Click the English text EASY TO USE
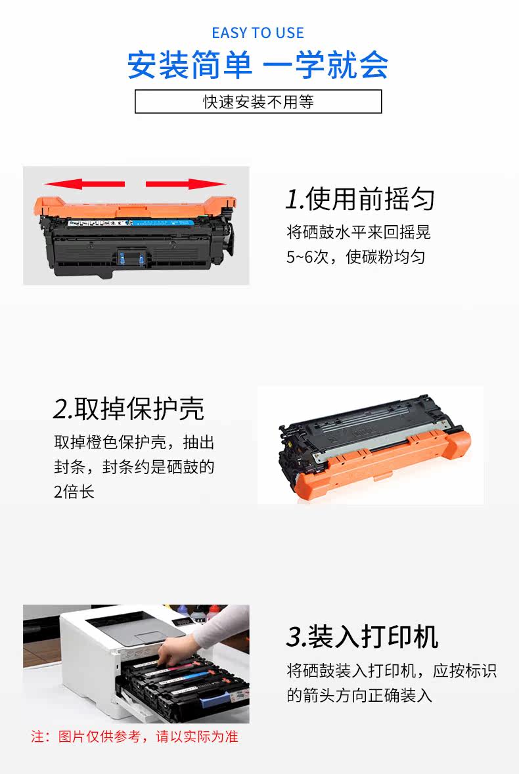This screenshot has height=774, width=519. [x=258, y=33]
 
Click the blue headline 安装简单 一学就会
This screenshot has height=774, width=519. [x=258, y=65]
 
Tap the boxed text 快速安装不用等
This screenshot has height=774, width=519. [x=258, y=102]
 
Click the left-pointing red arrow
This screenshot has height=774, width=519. [x=85, y=184]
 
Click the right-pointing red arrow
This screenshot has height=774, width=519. [x=186, y=184]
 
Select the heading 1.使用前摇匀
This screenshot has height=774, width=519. [x=360, y=199]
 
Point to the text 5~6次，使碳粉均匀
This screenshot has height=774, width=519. [x=355, y=257]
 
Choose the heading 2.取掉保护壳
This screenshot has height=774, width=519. [x=128, y=409]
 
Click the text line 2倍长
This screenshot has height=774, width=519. [x=74, y=492]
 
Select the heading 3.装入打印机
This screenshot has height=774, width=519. [x=362, y=636]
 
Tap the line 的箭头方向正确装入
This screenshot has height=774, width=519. [x=359, y=695]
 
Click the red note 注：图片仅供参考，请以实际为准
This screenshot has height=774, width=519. [x=134, y=737]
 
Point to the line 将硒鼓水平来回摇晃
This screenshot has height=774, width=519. [x=359, y=232]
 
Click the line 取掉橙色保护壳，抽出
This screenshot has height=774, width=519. [x=134, y=442]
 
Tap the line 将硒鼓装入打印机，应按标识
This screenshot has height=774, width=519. [x=392, y=670]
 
